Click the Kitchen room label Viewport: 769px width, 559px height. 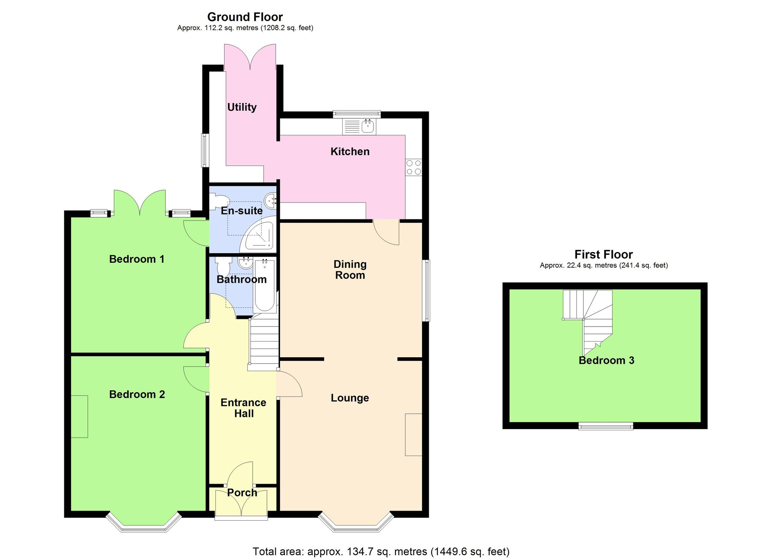pyautogui.click(x=350, y=151)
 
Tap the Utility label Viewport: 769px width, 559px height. pyautogui.click(x=242, y=107)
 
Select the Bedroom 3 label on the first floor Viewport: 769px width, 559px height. pyautogui.click(x=606, y=360)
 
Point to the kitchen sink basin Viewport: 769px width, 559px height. pyautogui.click(x=368, y=126)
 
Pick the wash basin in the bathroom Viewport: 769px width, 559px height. pyautogui.click(x=245, y=263)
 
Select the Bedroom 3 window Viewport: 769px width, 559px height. pyautogui.click(x=606, y=426)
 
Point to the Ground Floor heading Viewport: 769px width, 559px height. pyautogui.click(x=245, y=17)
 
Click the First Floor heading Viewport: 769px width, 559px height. pyautogui.click(x=603, y=254)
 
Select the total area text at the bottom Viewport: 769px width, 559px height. pyautogui.click(x=381, y=552)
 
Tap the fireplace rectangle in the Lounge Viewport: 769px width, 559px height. pyautogui.click(x=414, y=435)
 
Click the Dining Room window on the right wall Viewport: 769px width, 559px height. pyautogui.click(x=426, y=290)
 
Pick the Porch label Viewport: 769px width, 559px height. pyautogui.click(x=242, y=493)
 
